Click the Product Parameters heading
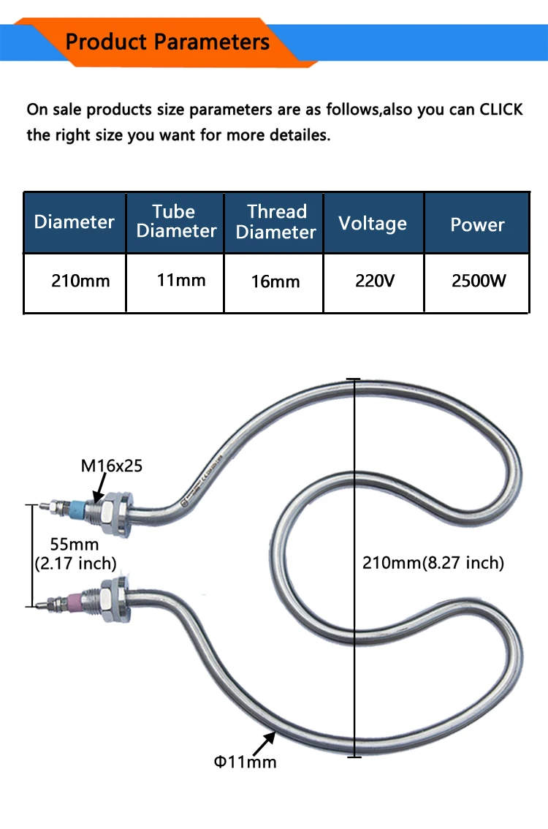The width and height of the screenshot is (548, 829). tap(167, 42)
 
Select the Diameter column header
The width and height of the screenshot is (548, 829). tap(75, 222)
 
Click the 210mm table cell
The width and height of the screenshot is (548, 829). tap(80, 281)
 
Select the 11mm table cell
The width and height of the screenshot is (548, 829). tap(181, 280)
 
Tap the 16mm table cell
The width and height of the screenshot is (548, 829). tap(275, 281)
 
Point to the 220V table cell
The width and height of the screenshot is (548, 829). tap(375, 281)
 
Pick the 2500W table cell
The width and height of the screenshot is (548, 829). tap(479, 281)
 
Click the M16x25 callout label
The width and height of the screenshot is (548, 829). tap(112, 466)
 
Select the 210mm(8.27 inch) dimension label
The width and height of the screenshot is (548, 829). tap(433, 563)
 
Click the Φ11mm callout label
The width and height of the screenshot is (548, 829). tap(246, 762)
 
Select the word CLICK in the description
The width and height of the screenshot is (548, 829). tap(501, 110)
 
